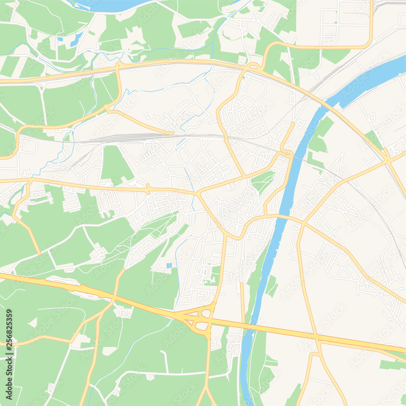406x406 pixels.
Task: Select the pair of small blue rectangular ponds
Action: (x=169, y=266)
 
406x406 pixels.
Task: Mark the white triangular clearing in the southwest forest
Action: (x=32, y=323)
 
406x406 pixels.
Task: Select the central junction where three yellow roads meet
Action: (x=198, y=193)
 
